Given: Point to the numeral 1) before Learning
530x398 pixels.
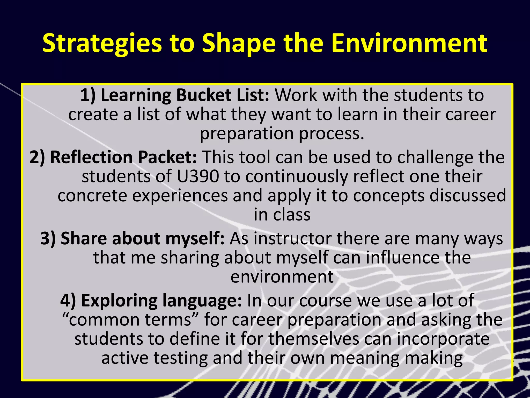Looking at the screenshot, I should (88, 95).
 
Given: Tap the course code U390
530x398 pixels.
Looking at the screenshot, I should (198, 176).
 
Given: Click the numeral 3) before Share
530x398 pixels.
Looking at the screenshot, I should (48, 238).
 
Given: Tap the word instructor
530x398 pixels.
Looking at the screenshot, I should (293, 238).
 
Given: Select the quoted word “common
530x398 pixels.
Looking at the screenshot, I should (101, 320).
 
